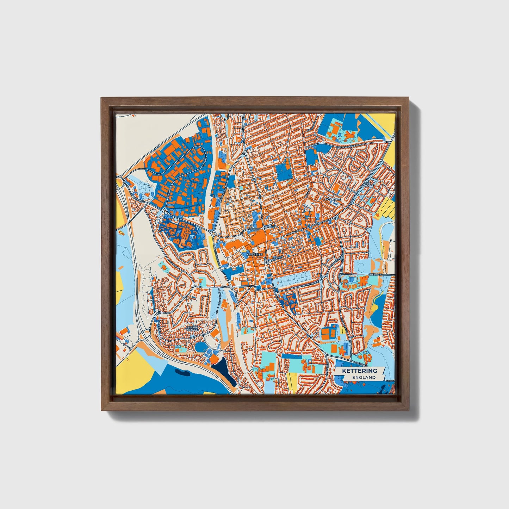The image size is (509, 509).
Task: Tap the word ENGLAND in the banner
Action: pyautogui.click(x=364, y=377)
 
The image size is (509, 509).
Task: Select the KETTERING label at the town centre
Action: pyautogui.click(x=255, y=254)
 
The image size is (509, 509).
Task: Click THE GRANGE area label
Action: pyautogui.click(x=368, y=184)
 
